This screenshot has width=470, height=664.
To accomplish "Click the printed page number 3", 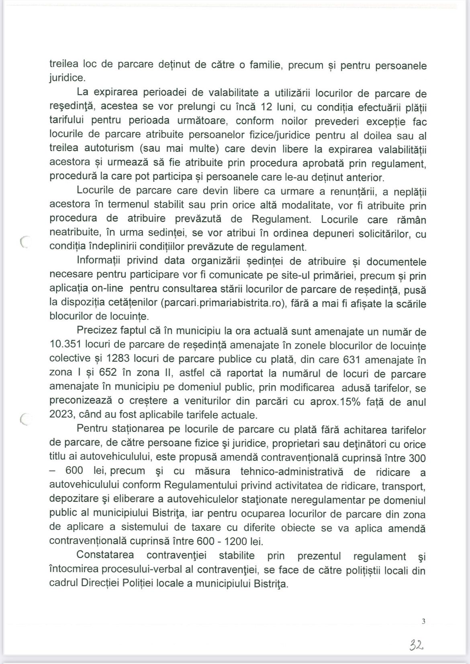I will click(x=423, y=621).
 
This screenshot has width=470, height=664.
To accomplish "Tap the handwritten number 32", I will click(x=417, y=646).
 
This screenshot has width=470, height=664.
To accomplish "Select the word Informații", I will click(x=99, y=261).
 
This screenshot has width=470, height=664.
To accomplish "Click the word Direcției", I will click(x=120, y=583).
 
